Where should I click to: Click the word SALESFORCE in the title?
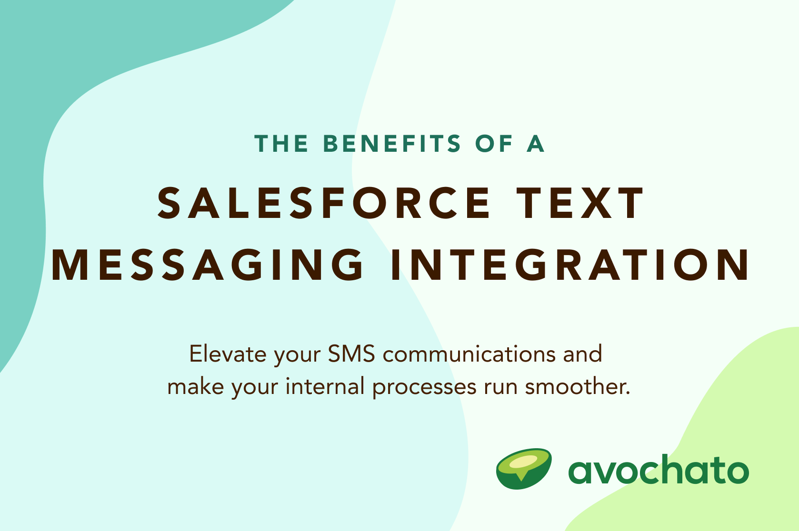click(x=324, y=203)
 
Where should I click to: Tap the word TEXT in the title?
click(x=580, y=203)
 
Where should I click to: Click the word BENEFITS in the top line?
click(x=392, y=144)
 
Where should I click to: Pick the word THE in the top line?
click(x=282, y=144)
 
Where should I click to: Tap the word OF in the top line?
click(x=494, y=144)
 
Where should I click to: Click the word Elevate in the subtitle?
click(x=228, y=354)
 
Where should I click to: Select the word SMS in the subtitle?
click(x=351, y=354)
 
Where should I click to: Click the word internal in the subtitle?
click(x=325, y=386)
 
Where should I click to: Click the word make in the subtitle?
click(x=196, y=386)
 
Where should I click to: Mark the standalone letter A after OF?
click(x=536, y=144)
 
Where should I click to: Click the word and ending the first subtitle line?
click(x=583, y=354)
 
